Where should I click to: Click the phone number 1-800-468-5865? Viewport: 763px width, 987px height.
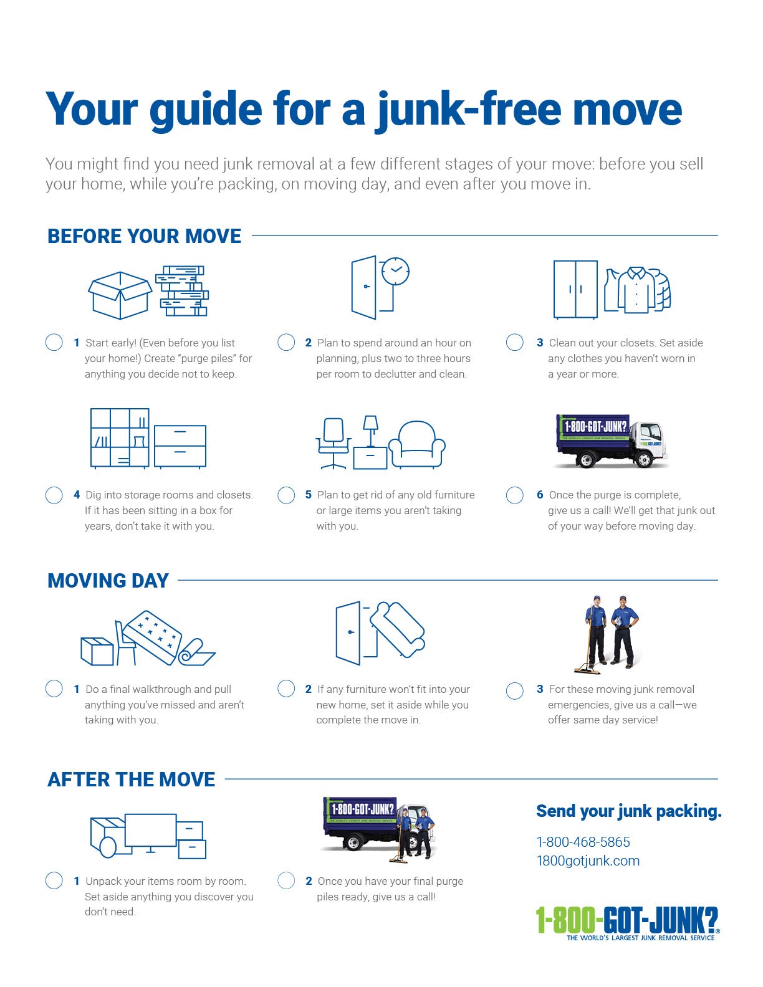click(x=583, y=842)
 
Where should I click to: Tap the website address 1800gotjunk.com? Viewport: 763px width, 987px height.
click(x=588, y=861)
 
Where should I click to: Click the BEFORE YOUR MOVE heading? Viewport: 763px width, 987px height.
click(x=144, y=236)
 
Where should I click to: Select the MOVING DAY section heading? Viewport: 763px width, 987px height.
click(x=108, y=581)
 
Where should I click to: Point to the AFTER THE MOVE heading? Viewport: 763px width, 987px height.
click(x=131, y=780)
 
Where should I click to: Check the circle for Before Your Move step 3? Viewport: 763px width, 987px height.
click(x=514, y=342)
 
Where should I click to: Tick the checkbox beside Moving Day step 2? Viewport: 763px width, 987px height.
click(x=286, y=689)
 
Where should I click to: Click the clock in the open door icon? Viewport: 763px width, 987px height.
click(x=395, y=271)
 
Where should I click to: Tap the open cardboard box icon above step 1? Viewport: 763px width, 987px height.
click(x=119, y=295)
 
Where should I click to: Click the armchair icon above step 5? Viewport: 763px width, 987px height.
click(x=417, y=444)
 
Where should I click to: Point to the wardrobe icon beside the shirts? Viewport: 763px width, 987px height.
click(x=575, y=289)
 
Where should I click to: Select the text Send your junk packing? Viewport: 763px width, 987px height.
click(x=628, y=811)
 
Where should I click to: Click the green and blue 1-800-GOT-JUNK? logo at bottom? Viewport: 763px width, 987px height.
click(x=627, y=922)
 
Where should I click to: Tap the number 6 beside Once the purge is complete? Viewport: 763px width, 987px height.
click(x=540, y=495)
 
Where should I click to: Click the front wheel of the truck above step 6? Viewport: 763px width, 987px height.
click(x=643, y=460)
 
